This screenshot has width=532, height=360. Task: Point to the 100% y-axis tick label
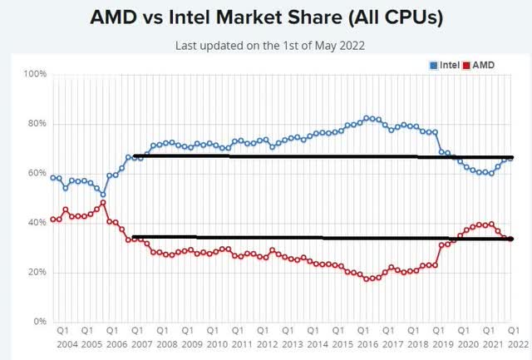click(33, 74)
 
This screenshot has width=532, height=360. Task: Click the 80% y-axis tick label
click(36, 124)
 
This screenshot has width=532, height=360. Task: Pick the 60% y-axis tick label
click(36, 173)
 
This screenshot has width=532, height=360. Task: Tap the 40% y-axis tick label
click(36, 223)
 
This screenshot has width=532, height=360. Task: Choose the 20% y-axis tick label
click(36, 272)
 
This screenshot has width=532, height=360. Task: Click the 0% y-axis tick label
click(38, 322)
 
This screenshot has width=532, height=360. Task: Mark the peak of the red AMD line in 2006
click(103, 202)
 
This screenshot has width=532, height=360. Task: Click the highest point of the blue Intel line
click(367, 118)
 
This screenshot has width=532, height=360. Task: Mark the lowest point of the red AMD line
click(367, 279)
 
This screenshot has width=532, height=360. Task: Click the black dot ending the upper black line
click(510, 157)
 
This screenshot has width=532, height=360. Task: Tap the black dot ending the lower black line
click(510, 239)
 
